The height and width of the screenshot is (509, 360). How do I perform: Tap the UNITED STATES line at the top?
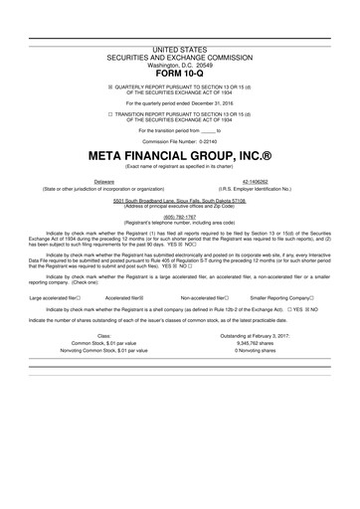tap(180, 48)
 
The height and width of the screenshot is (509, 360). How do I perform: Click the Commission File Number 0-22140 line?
tap(180, 143)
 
